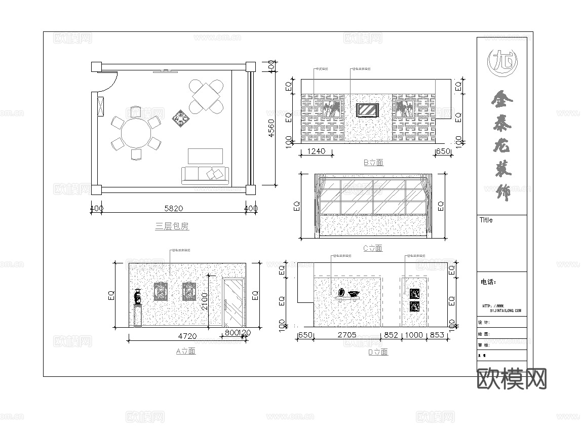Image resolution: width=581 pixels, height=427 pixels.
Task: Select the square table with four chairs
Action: click(x=206, y=96)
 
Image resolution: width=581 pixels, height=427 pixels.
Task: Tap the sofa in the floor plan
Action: click(x=205, y=175)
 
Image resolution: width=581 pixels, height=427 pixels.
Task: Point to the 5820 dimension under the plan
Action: click(x=173, y=208)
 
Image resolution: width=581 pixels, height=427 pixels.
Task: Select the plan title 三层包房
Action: click(x=172, y=226)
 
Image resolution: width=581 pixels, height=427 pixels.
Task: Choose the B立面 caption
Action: click(x=373, y=163)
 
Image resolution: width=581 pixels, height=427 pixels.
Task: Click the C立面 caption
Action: click(x=373, y=248)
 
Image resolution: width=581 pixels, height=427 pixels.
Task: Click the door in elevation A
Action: click(x=234, y=303)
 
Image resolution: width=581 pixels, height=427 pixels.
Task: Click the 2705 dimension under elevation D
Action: click(x=347, y=335)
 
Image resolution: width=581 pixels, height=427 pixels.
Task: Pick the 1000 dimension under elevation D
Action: click(x=414, y=335)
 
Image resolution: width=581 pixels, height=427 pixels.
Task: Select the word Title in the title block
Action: click(x=486, y=220)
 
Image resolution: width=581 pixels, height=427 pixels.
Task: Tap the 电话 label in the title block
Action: click(x=488, y=282)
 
